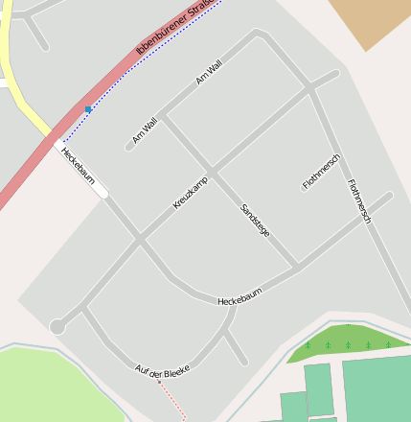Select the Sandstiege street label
tap(255, 220)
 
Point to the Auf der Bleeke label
tap(163, 370)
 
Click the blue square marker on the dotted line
tap(88, 109)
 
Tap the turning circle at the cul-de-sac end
tap(57, 327)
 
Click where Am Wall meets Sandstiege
tap(163, 116)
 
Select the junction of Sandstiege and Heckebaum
tap(296, 266)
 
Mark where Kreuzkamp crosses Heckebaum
tap(140, 238)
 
